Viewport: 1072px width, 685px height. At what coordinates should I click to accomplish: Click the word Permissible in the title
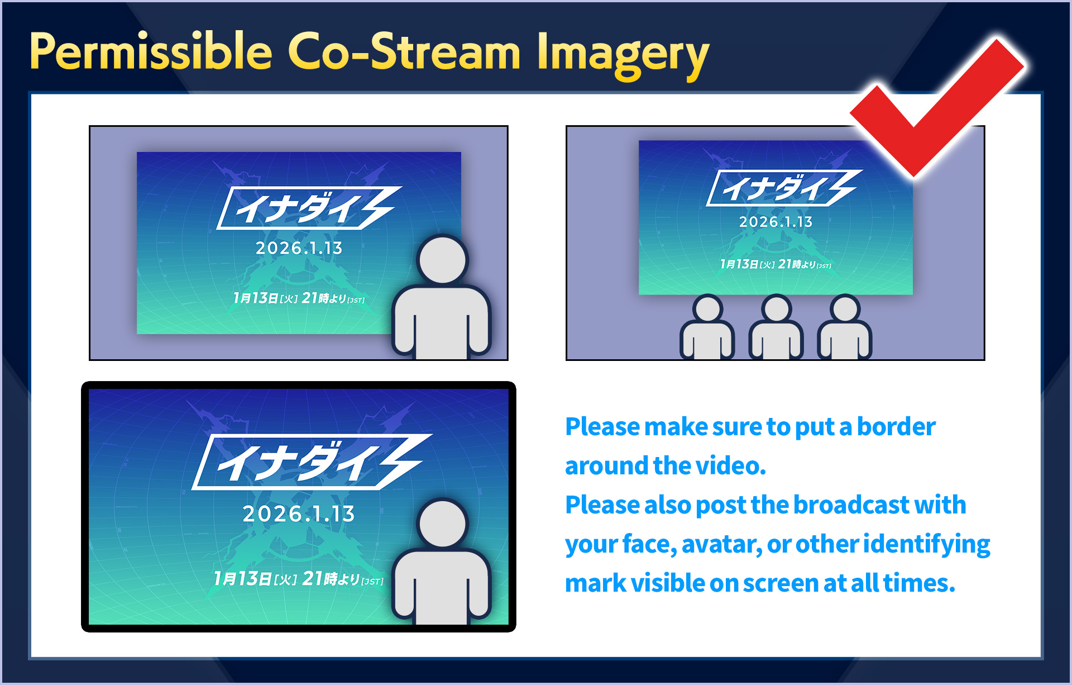[151, 51]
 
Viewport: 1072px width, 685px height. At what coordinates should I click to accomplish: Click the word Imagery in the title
[622, 54]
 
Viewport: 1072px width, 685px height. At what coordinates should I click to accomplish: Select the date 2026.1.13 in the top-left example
[299, 248]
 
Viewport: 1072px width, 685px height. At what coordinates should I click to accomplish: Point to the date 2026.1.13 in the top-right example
[776, 222]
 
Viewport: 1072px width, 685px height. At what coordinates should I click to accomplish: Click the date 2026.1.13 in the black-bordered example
[299, 514]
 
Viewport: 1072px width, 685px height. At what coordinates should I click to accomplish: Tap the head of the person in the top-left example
[442, 260]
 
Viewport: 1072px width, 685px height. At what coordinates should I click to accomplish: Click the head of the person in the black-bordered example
[442, 524]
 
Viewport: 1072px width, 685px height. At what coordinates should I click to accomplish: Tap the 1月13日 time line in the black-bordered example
[299, 579]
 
